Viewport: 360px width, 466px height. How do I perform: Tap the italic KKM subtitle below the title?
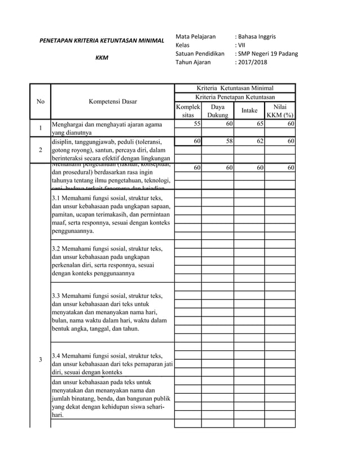click(x=102, y=58)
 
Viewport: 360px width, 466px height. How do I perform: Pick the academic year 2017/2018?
click(x=253, y=62)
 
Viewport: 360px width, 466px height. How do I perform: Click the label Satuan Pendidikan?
click(x=200, y=54)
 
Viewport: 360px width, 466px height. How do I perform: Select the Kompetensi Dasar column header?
click(x=112, y=102)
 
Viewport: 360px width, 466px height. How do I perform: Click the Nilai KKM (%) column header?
click(x=280, y=111)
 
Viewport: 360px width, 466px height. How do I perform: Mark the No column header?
click(x=40, y=102)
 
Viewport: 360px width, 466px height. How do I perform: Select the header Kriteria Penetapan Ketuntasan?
click(x=234, y=98)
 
